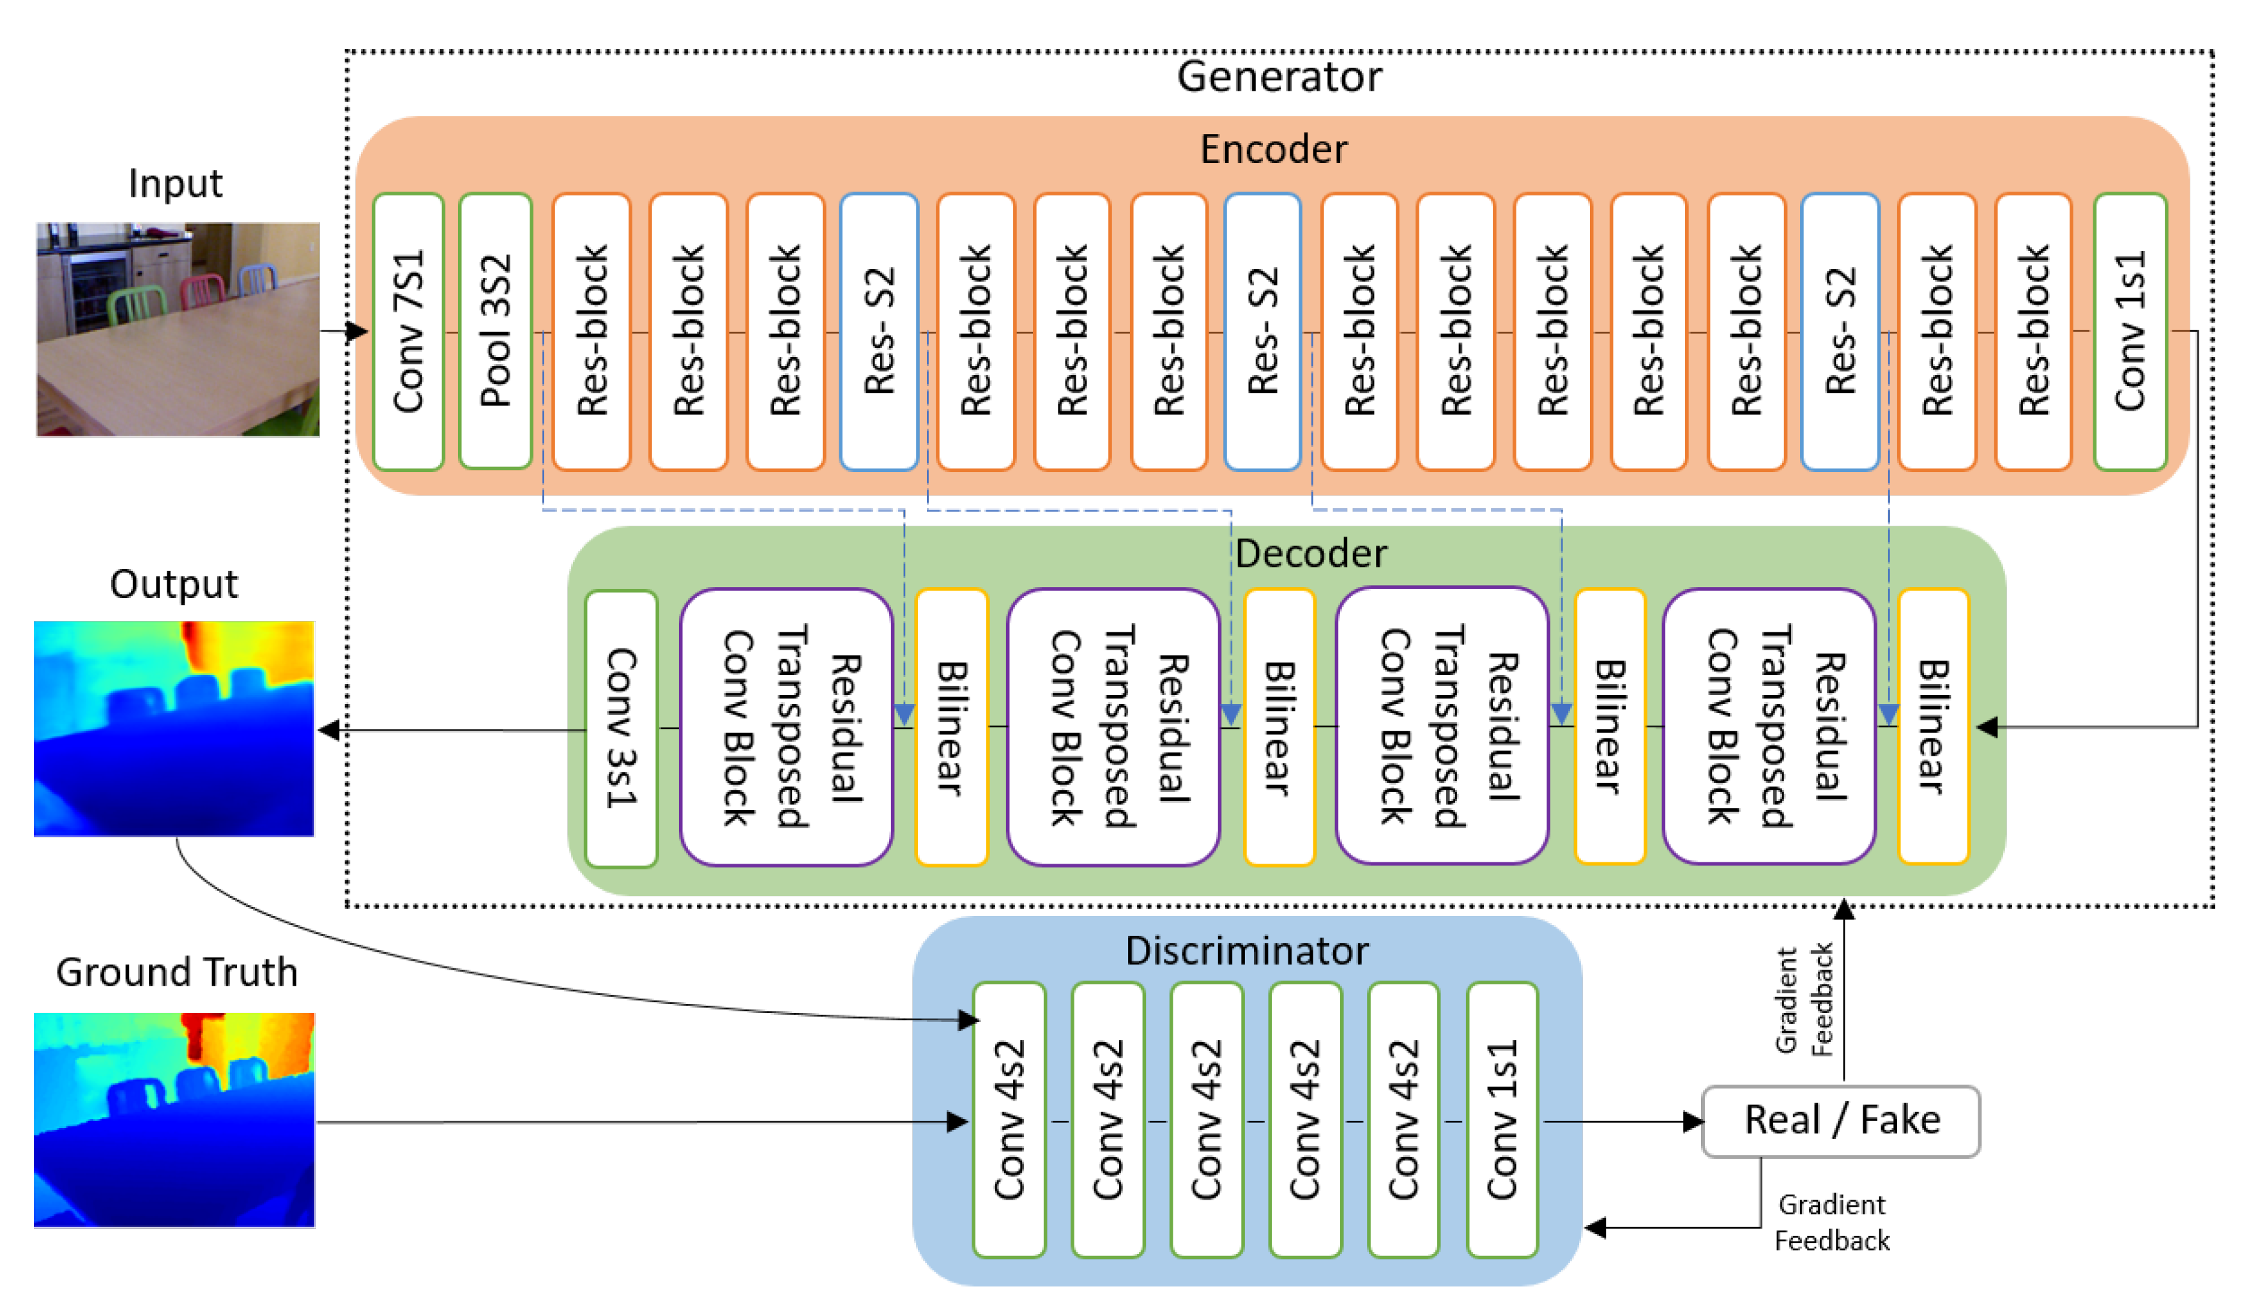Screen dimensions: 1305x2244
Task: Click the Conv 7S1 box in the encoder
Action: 408,331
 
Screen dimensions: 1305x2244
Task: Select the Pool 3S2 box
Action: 495,331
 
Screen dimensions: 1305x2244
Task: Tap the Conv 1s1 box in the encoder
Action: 2130,331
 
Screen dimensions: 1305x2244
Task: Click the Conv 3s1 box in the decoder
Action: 621,728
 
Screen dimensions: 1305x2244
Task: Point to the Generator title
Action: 1279,77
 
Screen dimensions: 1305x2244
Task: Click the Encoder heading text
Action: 1273,149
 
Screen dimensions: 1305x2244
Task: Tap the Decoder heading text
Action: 1310,554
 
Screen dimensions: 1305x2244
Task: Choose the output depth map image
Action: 174,728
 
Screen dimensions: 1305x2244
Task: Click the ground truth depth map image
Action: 174,1120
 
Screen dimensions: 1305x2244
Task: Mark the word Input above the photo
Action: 176,183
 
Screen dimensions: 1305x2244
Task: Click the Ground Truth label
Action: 176,972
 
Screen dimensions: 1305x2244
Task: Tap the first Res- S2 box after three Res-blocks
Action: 878,331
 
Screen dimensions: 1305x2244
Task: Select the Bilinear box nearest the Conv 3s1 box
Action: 951,728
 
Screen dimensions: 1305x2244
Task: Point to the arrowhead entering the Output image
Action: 330,730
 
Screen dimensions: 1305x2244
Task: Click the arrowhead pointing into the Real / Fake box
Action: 1692,1122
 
